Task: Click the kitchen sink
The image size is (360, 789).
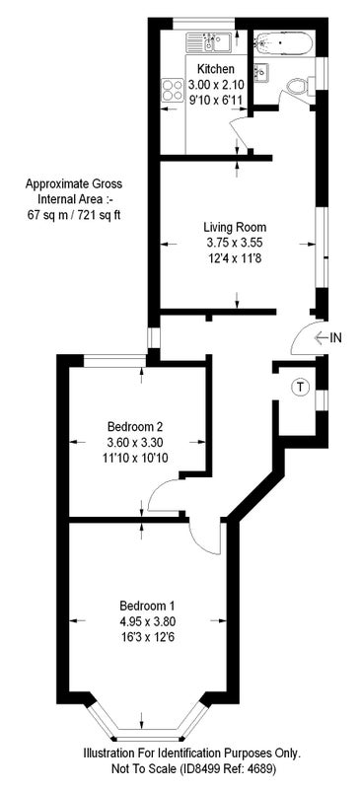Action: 208,42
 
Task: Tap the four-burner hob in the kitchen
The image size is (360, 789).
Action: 173,90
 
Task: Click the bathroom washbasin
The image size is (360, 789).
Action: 260,72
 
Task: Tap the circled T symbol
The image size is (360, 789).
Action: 301,387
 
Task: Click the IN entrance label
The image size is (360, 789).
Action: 335,338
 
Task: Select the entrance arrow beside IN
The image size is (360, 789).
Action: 321,338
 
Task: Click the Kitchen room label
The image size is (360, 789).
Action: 215,69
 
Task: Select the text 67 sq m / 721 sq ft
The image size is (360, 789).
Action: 74,215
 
